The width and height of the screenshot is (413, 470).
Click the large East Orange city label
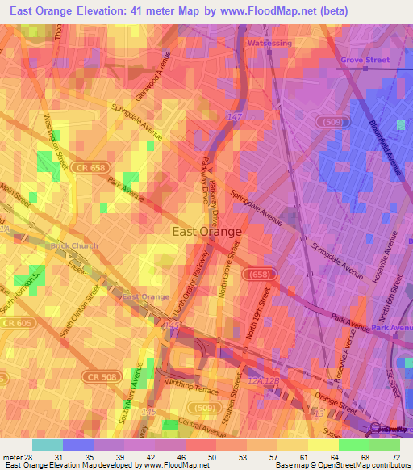(x=207, y=232)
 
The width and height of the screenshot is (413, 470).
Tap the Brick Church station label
(x=74, y=246)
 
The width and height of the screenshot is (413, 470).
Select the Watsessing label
(x=268, y=43)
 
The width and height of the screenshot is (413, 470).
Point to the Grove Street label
(x=365, y=60)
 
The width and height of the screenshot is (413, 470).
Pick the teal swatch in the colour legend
(x=47, y=445)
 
